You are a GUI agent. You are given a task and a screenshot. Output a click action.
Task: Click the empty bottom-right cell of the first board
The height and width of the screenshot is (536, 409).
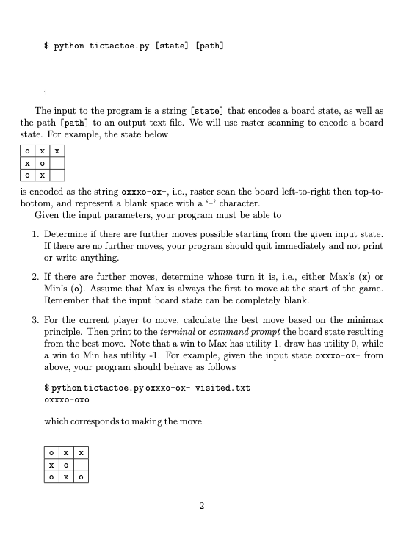click(x=58, y=175)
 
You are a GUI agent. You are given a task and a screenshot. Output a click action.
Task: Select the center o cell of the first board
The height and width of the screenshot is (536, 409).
click(x=43, y=162)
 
